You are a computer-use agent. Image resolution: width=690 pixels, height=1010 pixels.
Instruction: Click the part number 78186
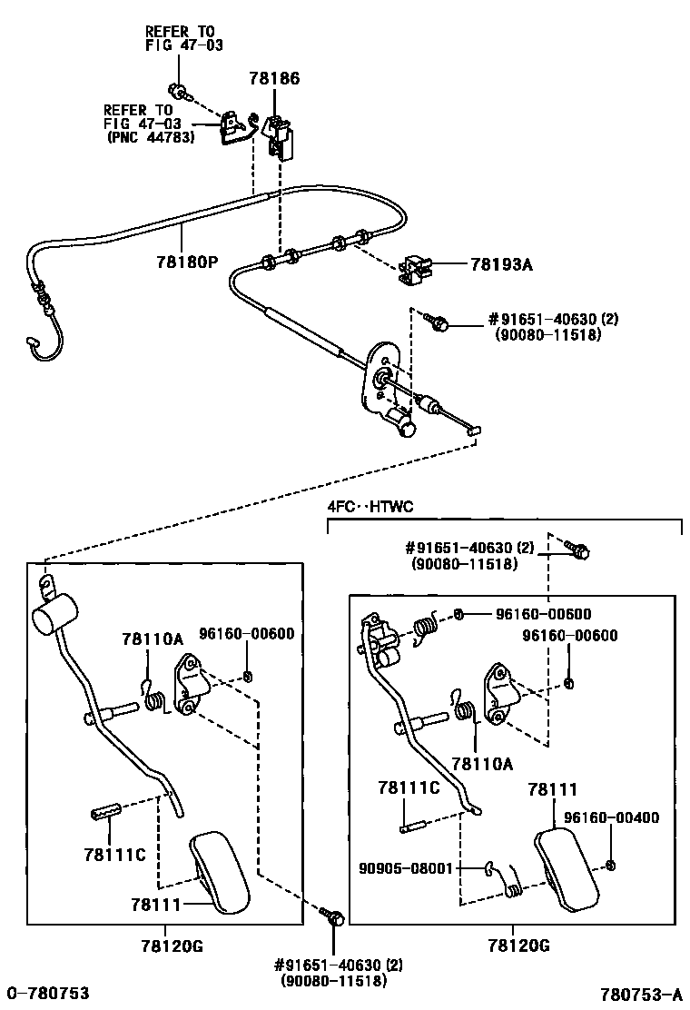(x=274, y=80)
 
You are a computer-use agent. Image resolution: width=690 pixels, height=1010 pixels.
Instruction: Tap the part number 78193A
(x=501, y=265)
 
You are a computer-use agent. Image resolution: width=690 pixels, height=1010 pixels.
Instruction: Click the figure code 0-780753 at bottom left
(x=48, y=993)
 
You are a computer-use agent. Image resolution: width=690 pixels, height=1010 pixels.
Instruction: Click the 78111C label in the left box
(x=114, y=854)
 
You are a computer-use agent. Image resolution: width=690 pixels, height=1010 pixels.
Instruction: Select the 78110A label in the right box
(x=481, y=765)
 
